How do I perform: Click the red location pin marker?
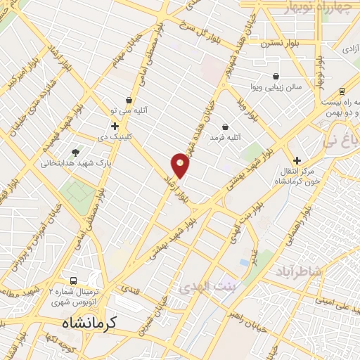click(181, 165)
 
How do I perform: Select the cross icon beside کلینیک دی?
click(115, 125)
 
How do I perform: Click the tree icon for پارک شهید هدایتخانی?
click(75, 150)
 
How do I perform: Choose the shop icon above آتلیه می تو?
click(128, 100)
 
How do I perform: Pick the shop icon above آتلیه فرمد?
click(226, 127)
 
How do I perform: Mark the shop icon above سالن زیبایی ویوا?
click(276, 76)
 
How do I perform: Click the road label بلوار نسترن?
click(262, 44)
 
